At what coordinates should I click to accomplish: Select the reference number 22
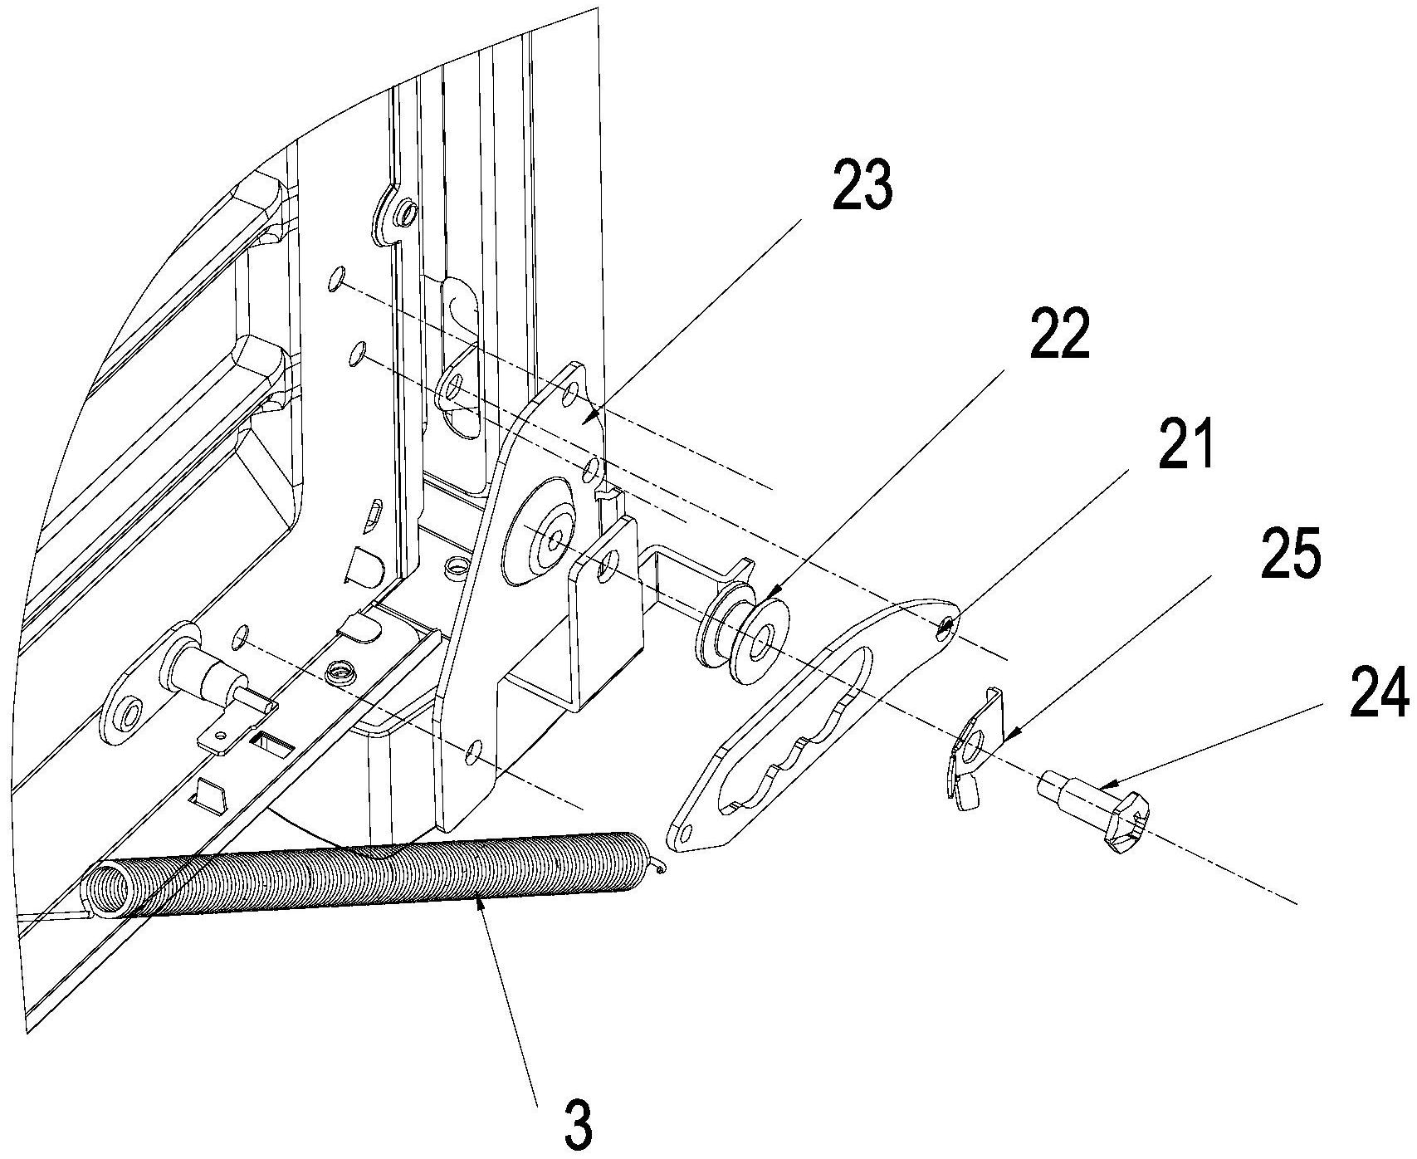point(1059,333)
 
